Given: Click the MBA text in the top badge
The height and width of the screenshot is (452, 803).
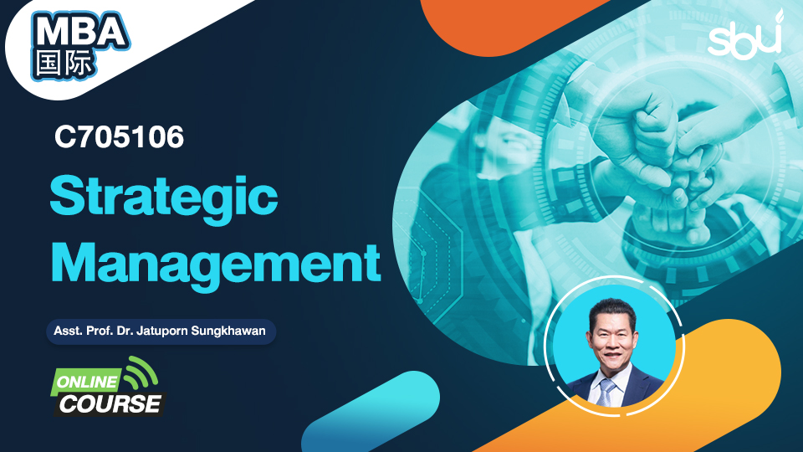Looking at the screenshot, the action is click(80, 32).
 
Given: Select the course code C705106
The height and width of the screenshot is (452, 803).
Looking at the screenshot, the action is click(119, 137).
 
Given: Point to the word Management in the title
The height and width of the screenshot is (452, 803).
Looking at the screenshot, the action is click(216, 265).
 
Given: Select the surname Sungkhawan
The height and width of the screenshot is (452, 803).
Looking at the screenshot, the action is click(228, 331).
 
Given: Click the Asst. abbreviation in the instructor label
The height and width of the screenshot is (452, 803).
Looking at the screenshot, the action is click(68, 331).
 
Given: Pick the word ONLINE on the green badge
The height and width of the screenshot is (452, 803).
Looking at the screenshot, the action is click(87, 382).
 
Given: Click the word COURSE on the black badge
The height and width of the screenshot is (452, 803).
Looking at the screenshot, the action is click(110, 403).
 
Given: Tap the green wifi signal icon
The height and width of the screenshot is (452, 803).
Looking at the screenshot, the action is click(140, 372).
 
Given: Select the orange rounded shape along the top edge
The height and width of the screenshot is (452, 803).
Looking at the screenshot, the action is click(512, 24).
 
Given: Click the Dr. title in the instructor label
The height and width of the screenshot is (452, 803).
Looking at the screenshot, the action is click(125, 331).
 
